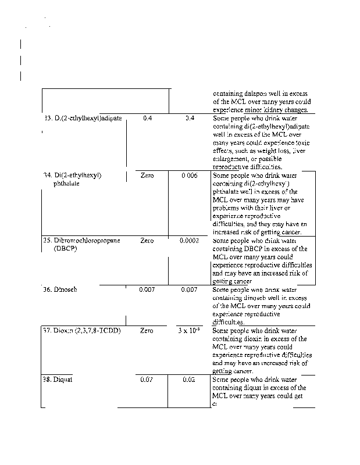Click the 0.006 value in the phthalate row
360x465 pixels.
point(189,176)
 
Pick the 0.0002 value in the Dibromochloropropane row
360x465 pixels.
point(189,240)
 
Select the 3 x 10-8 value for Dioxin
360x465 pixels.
point(190,331)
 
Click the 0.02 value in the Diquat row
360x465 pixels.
point(189,380)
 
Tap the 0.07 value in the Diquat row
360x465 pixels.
point(147,380)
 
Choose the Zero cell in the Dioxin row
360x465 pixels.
point(147,331)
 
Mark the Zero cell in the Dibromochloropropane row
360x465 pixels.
point(147,240)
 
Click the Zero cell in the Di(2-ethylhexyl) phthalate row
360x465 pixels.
point(147,176)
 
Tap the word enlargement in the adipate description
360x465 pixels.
point(231,159)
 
